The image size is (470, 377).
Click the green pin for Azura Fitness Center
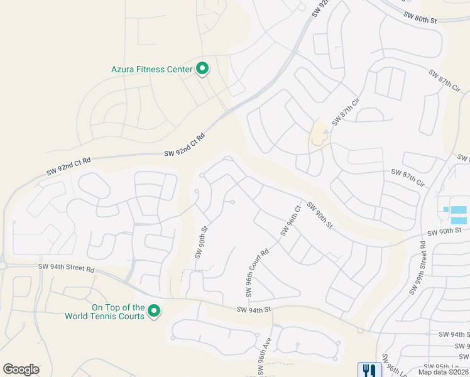click(x=202, y=68)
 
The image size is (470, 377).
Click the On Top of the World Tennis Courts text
click(x=105, y=312)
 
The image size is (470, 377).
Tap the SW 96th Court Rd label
click(x=257, y=271)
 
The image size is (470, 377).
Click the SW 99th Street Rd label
click(x=419, y=268)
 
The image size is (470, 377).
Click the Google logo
click(x=21, y=369)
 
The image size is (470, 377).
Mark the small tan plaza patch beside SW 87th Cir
click(x=318, y=134)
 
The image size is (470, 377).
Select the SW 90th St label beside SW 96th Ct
click(x=319, y=214)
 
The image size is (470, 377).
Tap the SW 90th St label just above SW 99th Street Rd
click(x=444, y=231)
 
